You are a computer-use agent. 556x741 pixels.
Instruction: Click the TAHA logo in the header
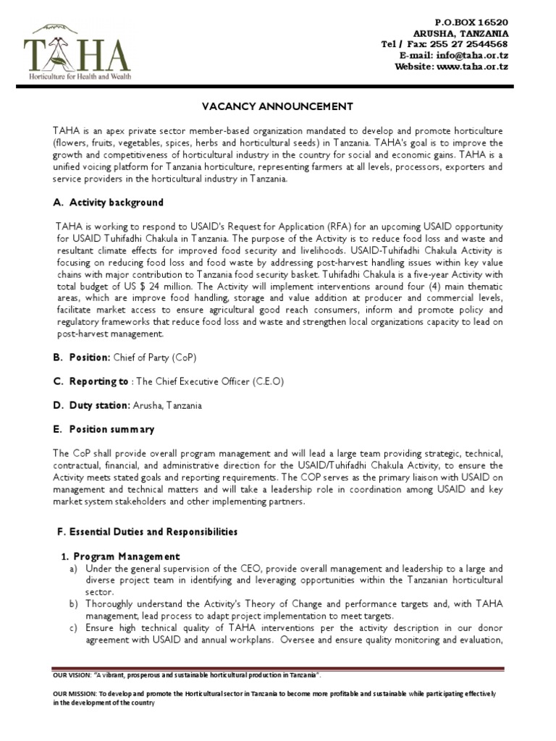coord(77,51)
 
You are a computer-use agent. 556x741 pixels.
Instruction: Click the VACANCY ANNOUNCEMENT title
coord(277,106)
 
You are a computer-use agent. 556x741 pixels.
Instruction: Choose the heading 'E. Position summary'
coord(104,429)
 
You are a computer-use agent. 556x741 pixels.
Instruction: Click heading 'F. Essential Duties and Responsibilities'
coord(147,532)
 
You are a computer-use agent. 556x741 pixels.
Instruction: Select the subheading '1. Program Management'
coord(119,556)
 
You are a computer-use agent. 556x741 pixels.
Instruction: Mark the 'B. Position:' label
coord(80,357)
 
